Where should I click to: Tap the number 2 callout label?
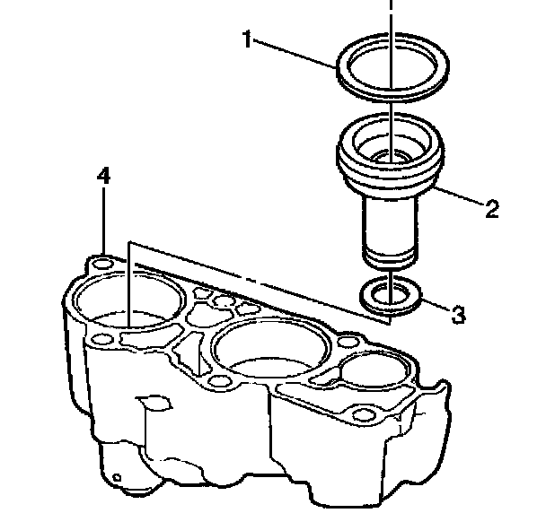tap(491, 210)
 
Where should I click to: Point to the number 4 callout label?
tap(104, 176)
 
